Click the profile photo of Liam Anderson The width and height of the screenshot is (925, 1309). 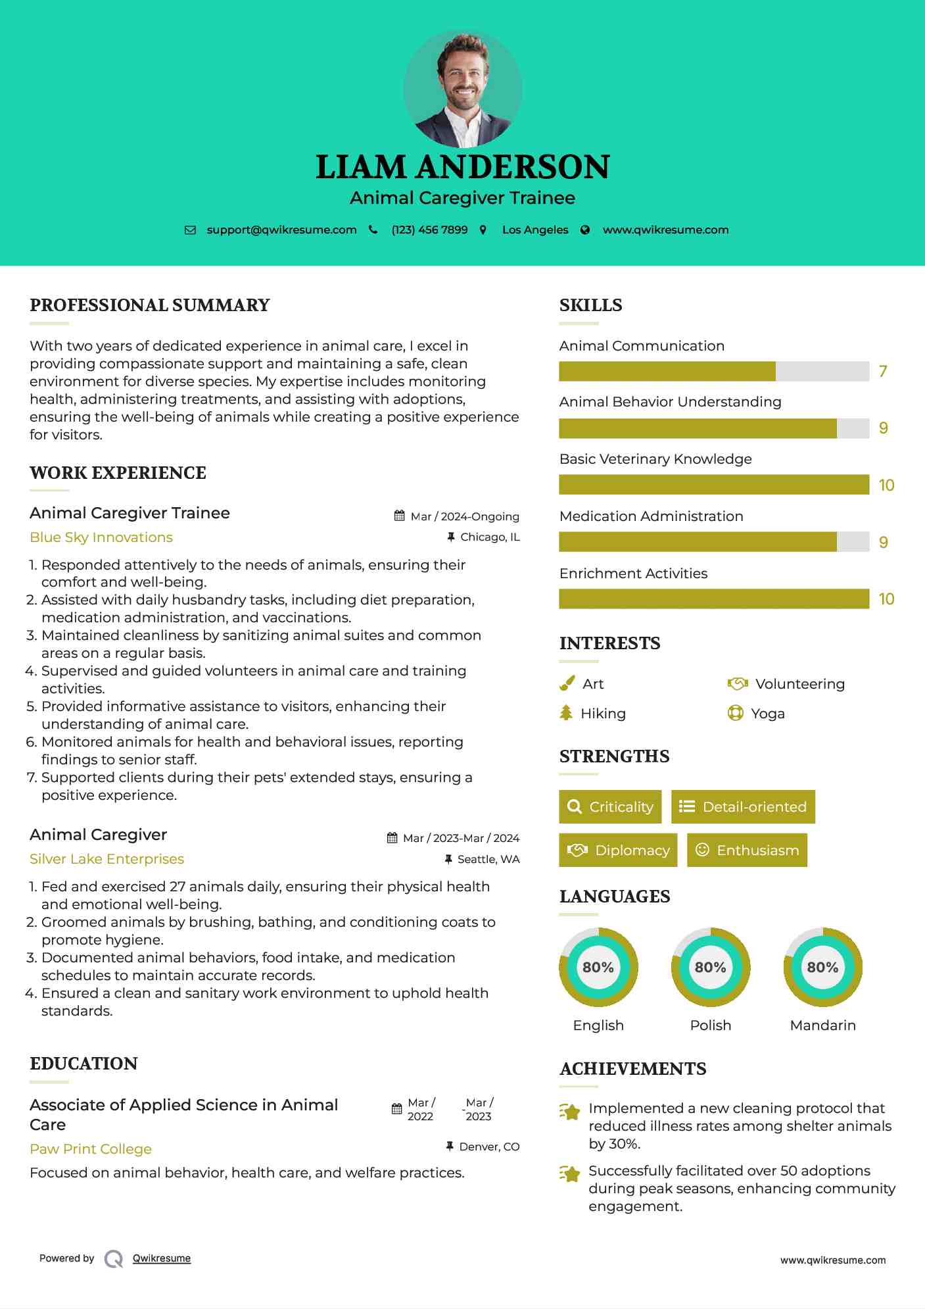point(463,89)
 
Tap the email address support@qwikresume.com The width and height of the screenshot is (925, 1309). point(281,230)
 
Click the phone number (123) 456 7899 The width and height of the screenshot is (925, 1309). point(429,230)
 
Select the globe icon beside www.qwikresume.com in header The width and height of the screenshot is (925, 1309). point(585,230)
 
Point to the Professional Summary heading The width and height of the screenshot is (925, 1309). point(150,305)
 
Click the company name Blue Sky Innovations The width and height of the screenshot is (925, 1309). point(101,537)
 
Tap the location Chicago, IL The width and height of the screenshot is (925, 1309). point(490,537)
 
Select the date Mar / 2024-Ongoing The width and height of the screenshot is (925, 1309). point(464,516)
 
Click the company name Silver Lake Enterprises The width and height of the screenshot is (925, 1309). point(107,859)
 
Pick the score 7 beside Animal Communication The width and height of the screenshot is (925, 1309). point(883,372)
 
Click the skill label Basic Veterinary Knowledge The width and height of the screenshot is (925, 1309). point(655,459)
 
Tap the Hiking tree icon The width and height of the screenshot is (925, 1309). point(566,713)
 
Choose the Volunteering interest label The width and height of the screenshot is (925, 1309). point(799,684)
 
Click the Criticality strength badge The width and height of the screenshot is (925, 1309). point(610,806)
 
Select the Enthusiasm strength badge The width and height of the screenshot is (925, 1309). point(747,850)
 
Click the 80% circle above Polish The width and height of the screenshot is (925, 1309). point(711,967)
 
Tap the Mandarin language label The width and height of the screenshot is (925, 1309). point(822,1025)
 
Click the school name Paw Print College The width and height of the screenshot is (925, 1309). point(91,1149)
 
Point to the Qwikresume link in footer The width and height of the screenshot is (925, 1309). point(162,1258)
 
